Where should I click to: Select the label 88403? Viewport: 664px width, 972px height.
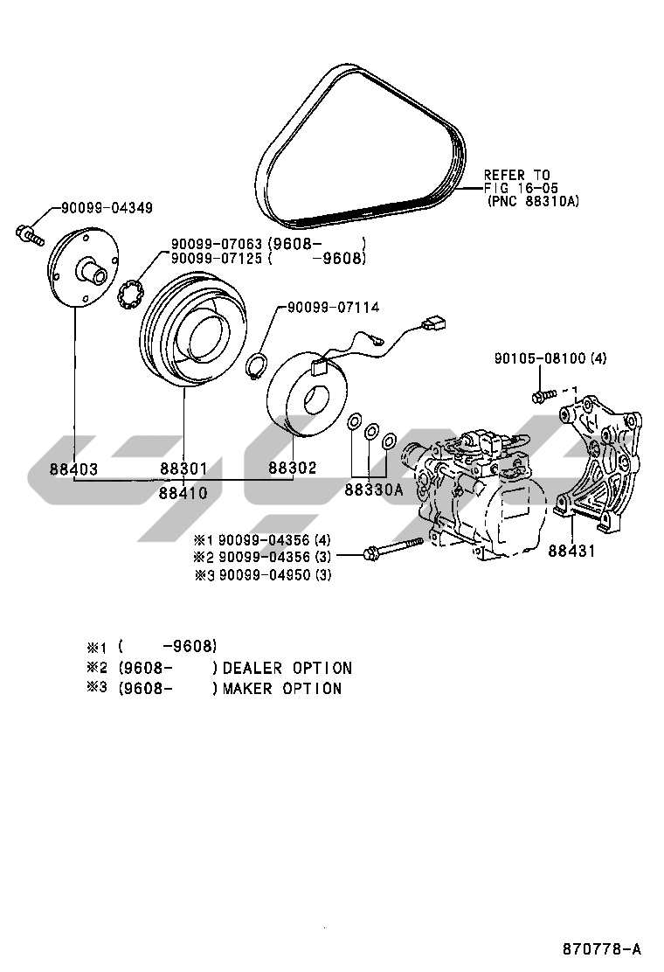click(x=73, y=469)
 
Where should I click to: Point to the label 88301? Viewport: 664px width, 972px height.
click(x=183, y=469)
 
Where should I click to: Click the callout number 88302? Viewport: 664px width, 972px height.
click(x=292, y=469)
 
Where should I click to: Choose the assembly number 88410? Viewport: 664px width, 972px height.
click(x=183, y=493)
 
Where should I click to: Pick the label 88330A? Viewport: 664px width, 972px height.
click(x=373, y=490)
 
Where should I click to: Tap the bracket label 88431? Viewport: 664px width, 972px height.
click(x=572, y=551)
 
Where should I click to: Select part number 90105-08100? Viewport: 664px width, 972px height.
click(x=541, y=358)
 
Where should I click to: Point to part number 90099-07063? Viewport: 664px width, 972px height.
click(x=217, y=244)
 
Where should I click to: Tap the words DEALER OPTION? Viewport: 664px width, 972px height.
click(x=287, y=668)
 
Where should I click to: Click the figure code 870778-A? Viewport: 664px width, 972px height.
click(x=602, y=948)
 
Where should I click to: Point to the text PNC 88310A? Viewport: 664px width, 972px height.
click(x=533, y=201)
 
